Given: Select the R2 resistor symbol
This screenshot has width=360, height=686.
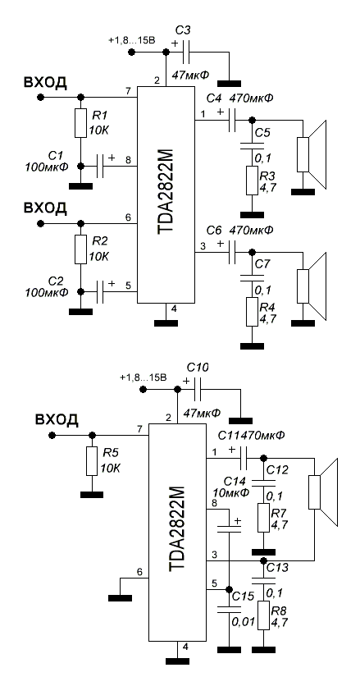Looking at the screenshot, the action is coord(80,249).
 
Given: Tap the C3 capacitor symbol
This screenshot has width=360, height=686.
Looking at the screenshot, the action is coord(188,53).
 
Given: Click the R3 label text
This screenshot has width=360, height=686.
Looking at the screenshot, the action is coord(266,176).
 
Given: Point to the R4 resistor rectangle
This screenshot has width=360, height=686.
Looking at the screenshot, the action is coord(252,312).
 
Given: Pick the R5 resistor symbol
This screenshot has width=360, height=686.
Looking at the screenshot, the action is coord(92,461).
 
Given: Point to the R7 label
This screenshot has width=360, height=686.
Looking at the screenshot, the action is coord(277,513).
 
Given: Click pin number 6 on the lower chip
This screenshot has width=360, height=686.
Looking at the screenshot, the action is coord(139,572).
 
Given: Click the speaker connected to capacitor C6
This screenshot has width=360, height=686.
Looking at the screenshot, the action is coord(312,286).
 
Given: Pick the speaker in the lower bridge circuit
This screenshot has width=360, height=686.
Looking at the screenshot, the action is coord(323,492).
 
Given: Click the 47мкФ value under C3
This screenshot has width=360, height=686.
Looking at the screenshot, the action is coord(191,75).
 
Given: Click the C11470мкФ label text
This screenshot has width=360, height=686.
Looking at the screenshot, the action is coord(252,435).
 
